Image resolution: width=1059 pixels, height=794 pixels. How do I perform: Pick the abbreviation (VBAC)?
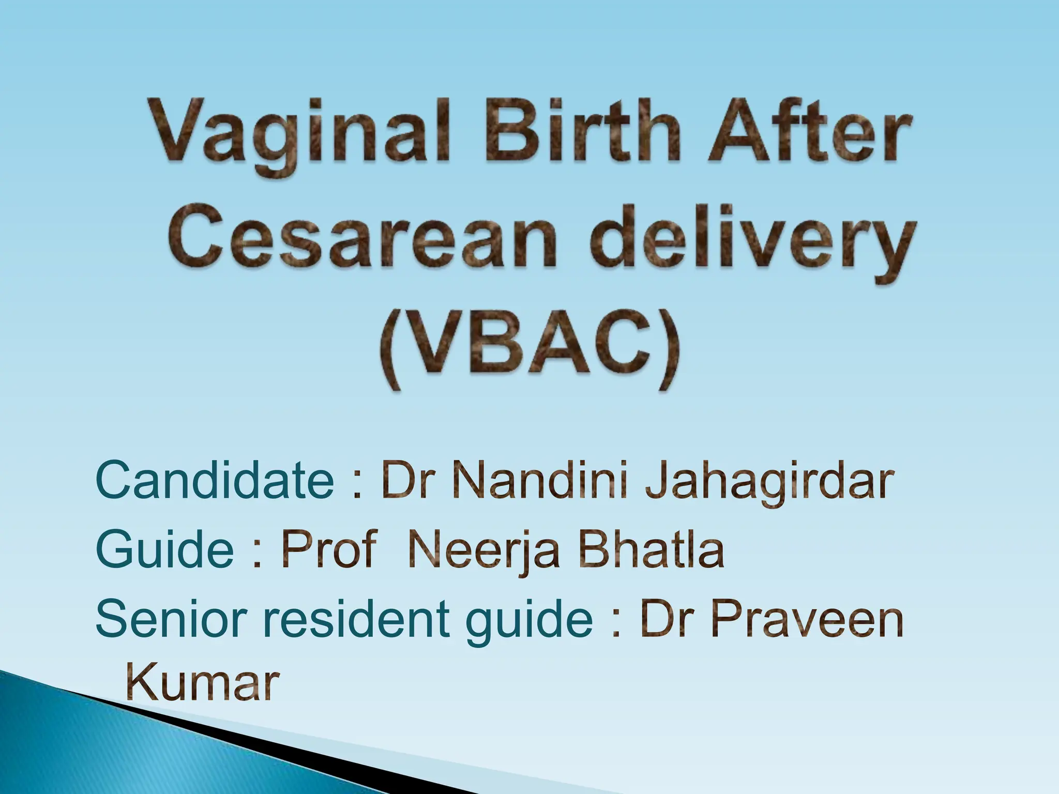tap(528, 352)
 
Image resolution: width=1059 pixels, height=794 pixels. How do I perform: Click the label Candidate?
tap(215, 481)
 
